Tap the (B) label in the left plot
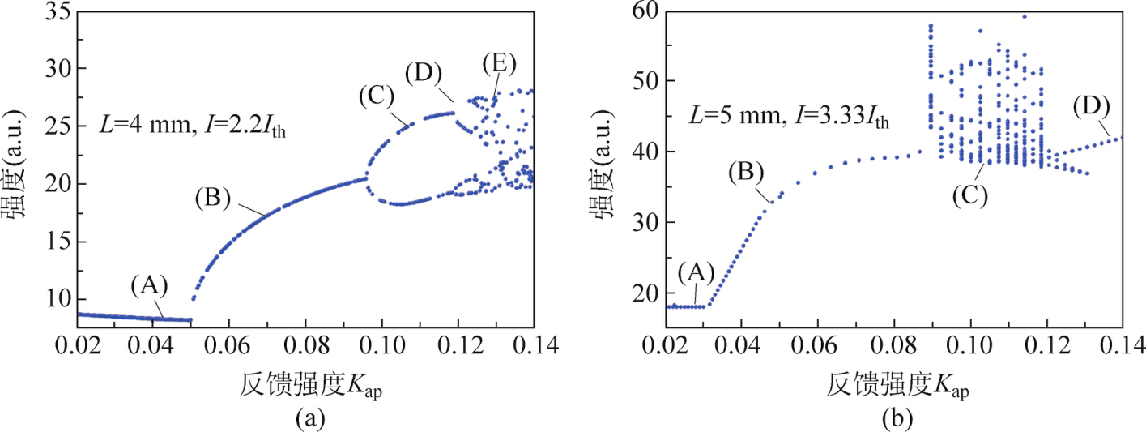tap(213, 198)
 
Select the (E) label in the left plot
tap(498, 62)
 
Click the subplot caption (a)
tap(310, 418)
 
